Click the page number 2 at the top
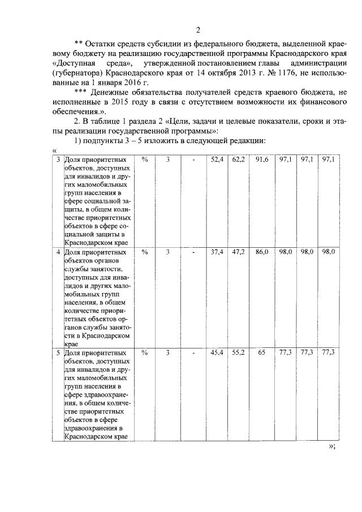click(197, 29)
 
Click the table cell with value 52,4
click(217, 160)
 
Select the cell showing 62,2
click(239, 160)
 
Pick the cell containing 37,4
click(217, 252)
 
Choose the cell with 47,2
click(239, 252)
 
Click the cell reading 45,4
click(217, 352)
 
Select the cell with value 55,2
click(239, 352)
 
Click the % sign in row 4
click(145, 252)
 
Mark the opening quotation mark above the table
click(54, 149)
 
